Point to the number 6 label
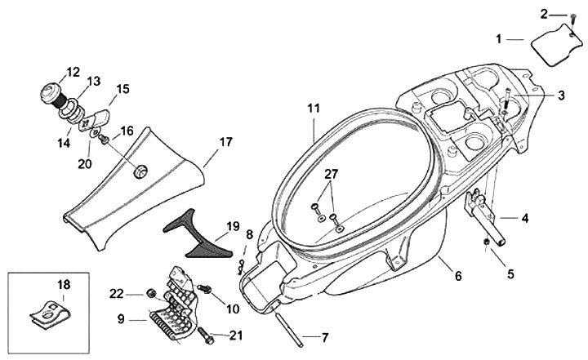coord(457,276)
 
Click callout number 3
coord(561,96)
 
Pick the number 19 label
coord(233,226)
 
